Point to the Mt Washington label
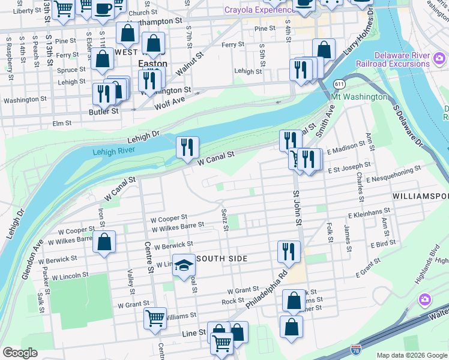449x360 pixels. pyautogui.click(x=359, y=97)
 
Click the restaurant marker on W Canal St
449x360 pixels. pyautogui.click(x=187, y=146)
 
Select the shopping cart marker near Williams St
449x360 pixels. pyautogui.click(x=155, y=318)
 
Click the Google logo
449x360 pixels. pyautogui.click(x=20, y=353)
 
